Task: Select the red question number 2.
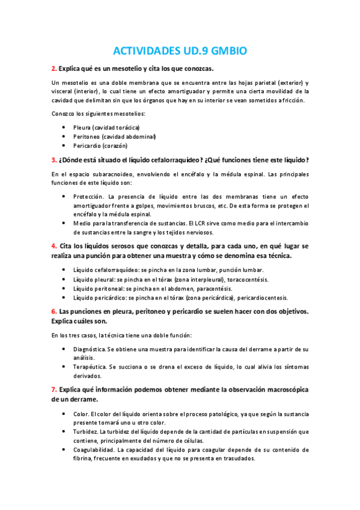53,69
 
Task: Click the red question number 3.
53,159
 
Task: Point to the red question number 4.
53,246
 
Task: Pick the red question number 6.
53,311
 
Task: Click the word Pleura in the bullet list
81,127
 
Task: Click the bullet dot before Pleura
64,127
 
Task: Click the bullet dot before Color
64,414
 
